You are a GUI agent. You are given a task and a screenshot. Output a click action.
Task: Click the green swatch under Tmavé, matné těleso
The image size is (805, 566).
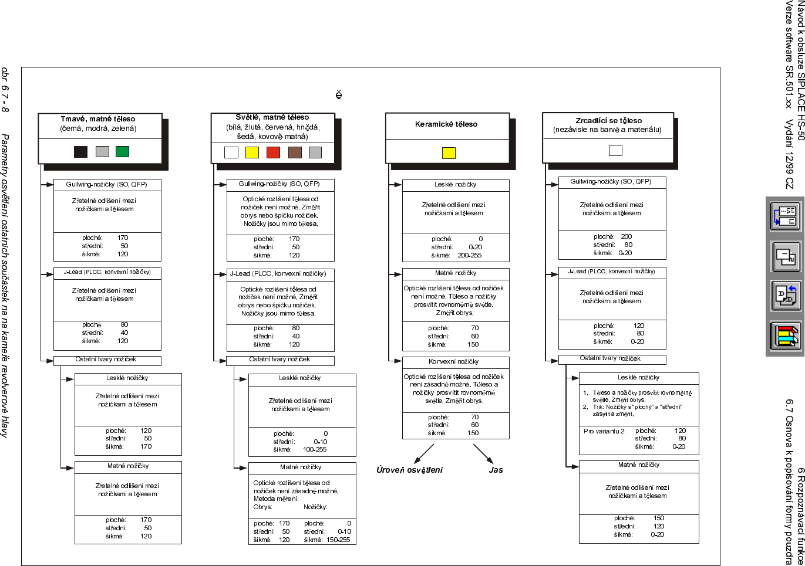[122, 151]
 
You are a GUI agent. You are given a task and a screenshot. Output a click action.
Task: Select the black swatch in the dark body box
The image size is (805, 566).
[80, 151]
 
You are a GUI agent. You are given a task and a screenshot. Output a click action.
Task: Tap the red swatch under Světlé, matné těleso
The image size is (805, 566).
[273, 152]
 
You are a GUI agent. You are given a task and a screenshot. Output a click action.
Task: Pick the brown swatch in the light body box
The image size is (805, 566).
[295, 152]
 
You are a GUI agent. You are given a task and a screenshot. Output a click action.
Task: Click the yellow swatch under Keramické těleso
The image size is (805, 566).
[449, 153]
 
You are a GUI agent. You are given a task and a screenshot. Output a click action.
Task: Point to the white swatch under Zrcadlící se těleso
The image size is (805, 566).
[615, 150]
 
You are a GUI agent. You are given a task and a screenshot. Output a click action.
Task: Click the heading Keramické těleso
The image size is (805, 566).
[446, 124]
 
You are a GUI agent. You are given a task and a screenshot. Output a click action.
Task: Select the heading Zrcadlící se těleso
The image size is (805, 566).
[608, 121]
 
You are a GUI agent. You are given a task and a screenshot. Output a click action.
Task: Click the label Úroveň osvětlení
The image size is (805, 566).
[409, 470]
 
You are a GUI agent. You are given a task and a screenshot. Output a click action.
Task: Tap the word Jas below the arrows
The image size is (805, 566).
[496, 470]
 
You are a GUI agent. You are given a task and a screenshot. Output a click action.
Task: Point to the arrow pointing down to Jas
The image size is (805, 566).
[483, 453]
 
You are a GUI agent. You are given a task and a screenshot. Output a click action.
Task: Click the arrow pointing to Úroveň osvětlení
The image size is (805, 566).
[424, 453]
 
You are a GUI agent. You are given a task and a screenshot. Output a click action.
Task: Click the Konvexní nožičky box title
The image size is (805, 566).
[453, 362]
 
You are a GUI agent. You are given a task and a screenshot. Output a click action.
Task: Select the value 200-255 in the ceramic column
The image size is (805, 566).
[470, 255]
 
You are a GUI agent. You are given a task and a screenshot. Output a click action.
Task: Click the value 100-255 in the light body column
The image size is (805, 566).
[315, 449]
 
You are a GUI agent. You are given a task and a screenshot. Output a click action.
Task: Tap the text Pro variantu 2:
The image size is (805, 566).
[605, 431]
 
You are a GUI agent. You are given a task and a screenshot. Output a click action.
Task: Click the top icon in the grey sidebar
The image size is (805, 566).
[785, 216]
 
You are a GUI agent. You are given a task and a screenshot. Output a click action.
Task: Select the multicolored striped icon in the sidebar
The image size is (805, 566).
[785, 335]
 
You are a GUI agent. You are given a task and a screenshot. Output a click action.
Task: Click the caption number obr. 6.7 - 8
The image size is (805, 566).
[5, 89]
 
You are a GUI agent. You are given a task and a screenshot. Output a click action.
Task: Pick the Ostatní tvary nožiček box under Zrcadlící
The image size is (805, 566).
[611, 358]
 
